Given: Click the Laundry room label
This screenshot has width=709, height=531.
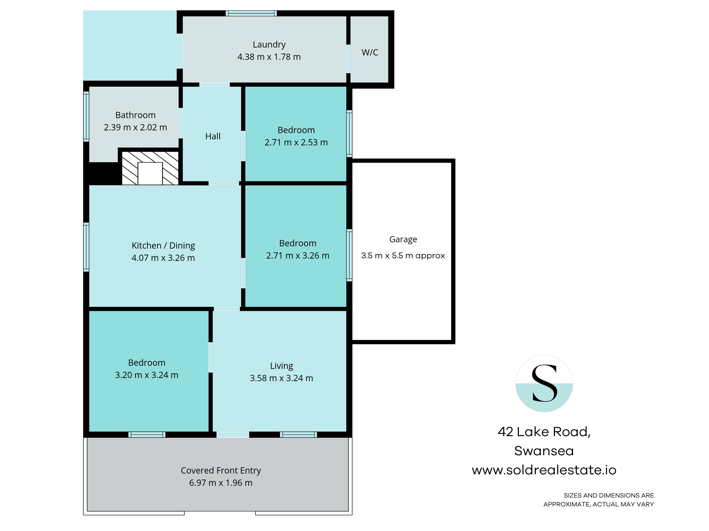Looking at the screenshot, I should pyautogui.click(x=269, y=44).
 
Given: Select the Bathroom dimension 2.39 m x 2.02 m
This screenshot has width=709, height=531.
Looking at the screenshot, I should pyautogui.click(x=135, y=127).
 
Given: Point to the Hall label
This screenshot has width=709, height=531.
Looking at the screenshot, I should pyautogui.click(x=213, y=136).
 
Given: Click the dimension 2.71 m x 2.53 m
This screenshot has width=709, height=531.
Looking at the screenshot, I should pyautogui.click(x=296, y=142).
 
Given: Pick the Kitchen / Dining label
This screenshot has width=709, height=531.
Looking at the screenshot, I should pyautogui.click(x=163, y=245).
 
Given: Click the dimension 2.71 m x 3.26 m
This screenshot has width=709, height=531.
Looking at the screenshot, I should pyautogui.click(x=297, y=255).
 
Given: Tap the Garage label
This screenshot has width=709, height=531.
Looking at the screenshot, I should pyautogui.click(x=403, y=239).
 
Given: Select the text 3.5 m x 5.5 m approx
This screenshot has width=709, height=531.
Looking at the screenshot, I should pyautogui.click(x=403, y=255).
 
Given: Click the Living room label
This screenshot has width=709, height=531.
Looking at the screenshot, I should pyautogui.click(x=281, y=366).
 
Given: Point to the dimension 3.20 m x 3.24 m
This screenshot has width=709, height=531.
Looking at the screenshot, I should pyautogui.click(x=146, y=375).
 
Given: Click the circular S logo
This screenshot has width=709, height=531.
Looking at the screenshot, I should pyautogui.click(x=544, y=383).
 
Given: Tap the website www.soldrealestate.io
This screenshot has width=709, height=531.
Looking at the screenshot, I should pyautogui.click(x=544, y=470).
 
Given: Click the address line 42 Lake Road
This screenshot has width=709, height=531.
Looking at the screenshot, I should pyautogui.click(x=544, y=432).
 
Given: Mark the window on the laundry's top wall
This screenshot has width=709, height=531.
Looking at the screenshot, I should pyautogui.click(x=251, y=13).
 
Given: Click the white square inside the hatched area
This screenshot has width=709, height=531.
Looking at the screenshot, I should pyautogui.click(x=150, y=173).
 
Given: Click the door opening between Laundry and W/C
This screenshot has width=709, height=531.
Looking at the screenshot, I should pyautogui.click(x=348, y=59).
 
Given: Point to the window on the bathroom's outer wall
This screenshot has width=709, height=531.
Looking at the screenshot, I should pyautogui.click(x=86, y=116).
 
